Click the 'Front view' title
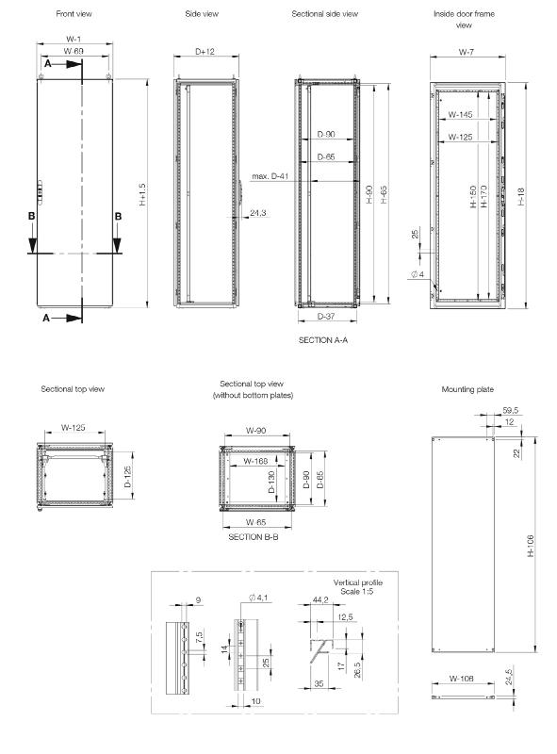74,14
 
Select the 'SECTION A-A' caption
322,340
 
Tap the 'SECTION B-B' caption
253,537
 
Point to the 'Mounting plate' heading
467,389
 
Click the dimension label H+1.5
142,194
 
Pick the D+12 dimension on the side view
205,52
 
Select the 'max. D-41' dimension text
270,176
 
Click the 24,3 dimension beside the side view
258,213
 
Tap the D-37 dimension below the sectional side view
326,316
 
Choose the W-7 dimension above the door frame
467,52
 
